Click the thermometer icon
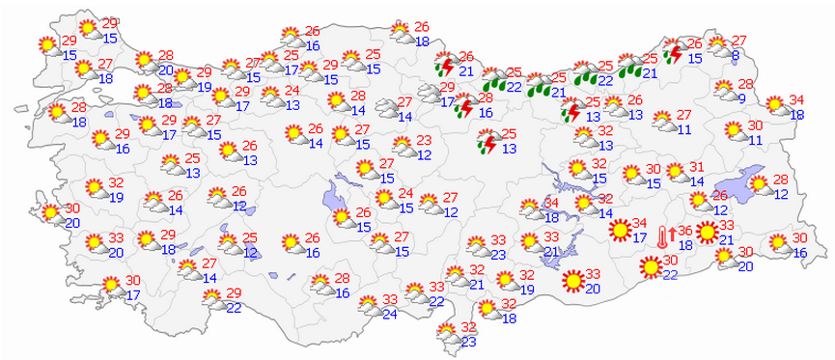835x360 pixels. (x=661, y=236)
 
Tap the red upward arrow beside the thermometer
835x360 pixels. (x=672, y=235)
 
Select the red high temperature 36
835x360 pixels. (x=684, y=231)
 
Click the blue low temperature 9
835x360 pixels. (x=742, y=98)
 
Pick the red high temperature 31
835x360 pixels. (x=698, y=168)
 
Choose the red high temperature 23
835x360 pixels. (x=424, y=141)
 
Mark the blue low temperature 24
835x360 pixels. (x=389, y=314)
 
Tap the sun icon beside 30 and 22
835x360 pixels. (x=645, y=268)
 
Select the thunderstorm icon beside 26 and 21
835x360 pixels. (x=446, y=66)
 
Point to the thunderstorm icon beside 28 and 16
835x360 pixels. (x=464, y=106)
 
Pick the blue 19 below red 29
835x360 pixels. (x=204, y=87)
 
